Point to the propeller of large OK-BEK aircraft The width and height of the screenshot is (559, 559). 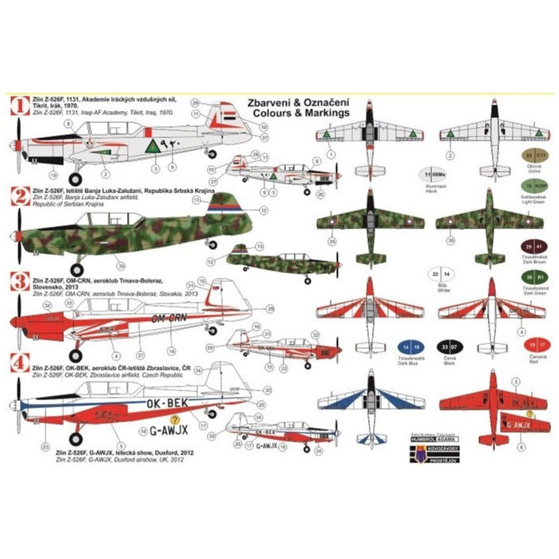pyautogui.click(x=18, y=407)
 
